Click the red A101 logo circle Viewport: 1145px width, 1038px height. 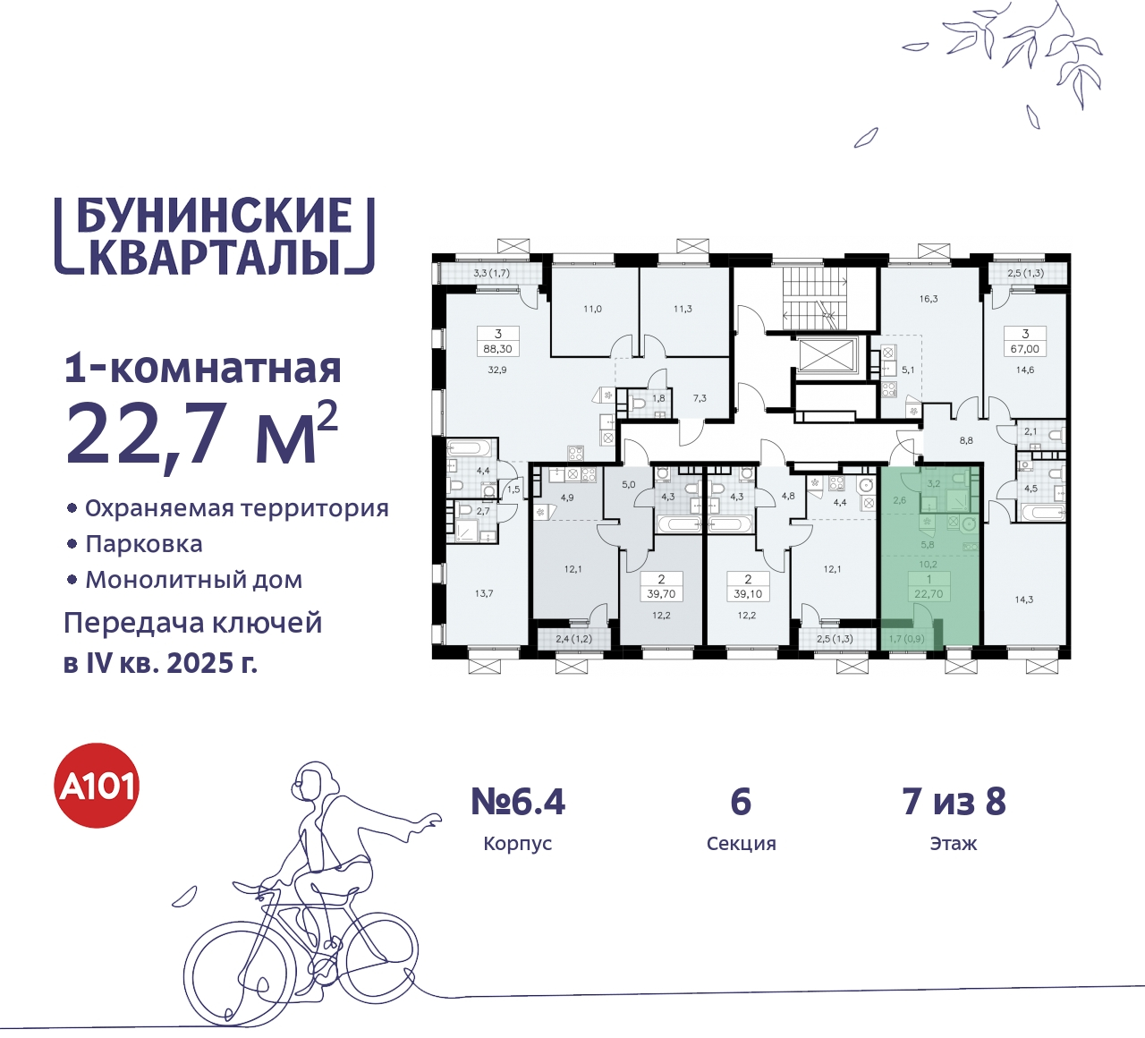[x=98, y=786]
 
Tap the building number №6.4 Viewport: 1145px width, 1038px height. [x=518, y=802]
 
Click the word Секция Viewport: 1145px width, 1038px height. [x=741, y=844]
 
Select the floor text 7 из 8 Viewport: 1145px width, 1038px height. [x=954, y=802]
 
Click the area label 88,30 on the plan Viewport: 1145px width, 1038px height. [x=497, y=349]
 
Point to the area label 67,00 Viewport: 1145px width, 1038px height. [x=1025, y=349]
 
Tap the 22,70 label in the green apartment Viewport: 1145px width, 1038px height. [x=929, y=593]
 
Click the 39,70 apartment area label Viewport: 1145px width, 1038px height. [x=661, y=593]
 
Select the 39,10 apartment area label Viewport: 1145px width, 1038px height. [x=748, y=593]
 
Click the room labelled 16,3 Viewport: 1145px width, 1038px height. [x=929, y=299]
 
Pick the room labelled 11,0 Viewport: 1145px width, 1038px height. [x=592, y=309]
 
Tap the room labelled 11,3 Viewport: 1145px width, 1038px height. [x=683, y=309]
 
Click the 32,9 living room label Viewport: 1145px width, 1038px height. [x=497, y=370]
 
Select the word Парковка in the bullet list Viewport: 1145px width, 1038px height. [x=144, y=544]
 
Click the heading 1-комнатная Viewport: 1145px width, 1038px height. [x=203, y=368]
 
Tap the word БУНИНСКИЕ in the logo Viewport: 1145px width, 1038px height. [x=214, y=216]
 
